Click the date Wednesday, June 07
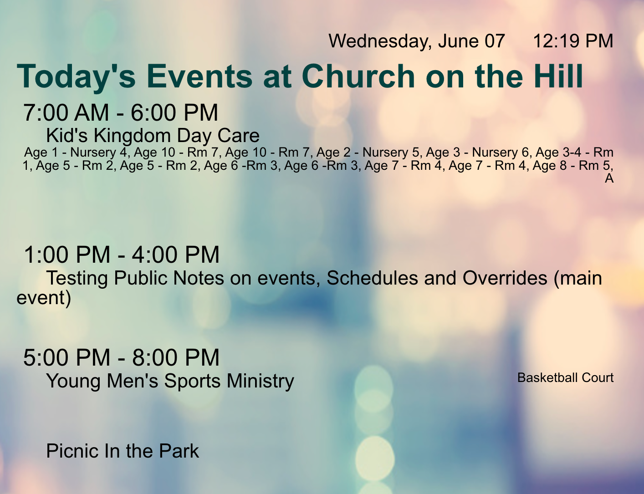tap(417, 41)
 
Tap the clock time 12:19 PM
tap(573, 41)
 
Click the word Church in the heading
tap(358, 76)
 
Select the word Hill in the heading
tap(558, 76)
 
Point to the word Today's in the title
tap(76, 77)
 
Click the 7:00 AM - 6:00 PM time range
tap(121, 112)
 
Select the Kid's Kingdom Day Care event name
tap(153, 136)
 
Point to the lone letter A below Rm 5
tap(609, 178)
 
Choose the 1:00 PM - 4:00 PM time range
tap(121, 255)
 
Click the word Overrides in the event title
tap(505, 278)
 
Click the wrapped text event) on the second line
tap(44, 298)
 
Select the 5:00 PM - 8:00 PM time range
tap(121, 357)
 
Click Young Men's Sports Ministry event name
tap(170, 381)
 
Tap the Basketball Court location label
tap(565, 378)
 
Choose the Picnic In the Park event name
tap(123, 451)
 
